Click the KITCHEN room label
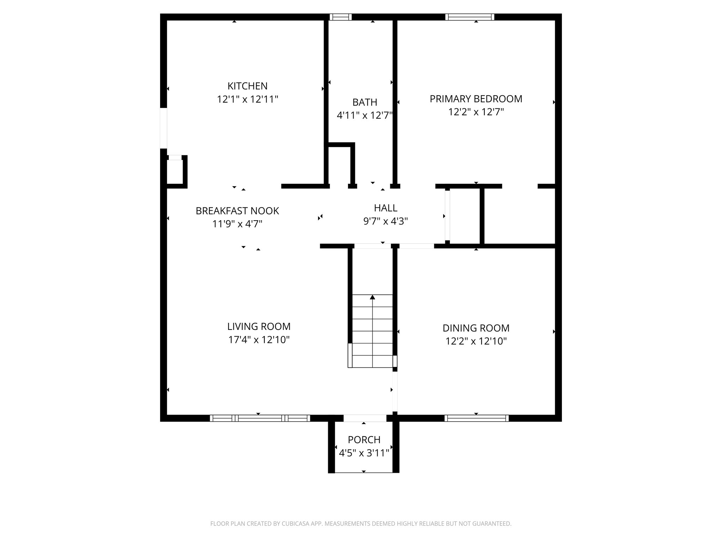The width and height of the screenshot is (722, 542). coord(247,86)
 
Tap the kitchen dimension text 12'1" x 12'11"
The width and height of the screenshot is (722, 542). coord(247,99)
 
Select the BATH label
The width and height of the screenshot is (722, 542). coord(365,102)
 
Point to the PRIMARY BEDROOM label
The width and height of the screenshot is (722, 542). coord(476,99)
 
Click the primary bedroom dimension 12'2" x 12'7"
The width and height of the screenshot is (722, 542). coord(476,112)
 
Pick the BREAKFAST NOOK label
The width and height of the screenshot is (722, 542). coord(237,211)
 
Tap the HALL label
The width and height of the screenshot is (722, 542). coord(386,208)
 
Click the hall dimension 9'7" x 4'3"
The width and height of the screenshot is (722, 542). coord(386,221)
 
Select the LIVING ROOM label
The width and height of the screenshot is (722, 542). coord(259,326)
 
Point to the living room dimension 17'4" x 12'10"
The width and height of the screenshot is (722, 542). coord(259,340)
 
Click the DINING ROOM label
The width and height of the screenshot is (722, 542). coord(476,328)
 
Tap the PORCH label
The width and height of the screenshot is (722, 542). coord(364,440)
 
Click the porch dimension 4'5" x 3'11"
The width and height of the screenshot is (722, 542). coord(364,453)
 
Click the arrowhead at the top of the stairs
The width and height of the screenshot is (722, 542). coord(372,297)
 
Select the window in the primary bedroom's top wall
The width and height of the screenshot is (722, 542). coord(470,17)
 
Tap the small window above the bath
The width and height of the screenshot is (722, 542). coord(341,17)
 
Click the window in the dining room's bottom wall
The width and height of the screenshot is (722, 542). coord(477,418)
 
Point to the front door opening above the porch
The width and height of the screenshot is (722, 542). coord(365,418)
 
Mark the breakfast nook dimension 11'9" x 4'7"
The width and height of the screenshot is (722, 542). coord(237,224)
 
